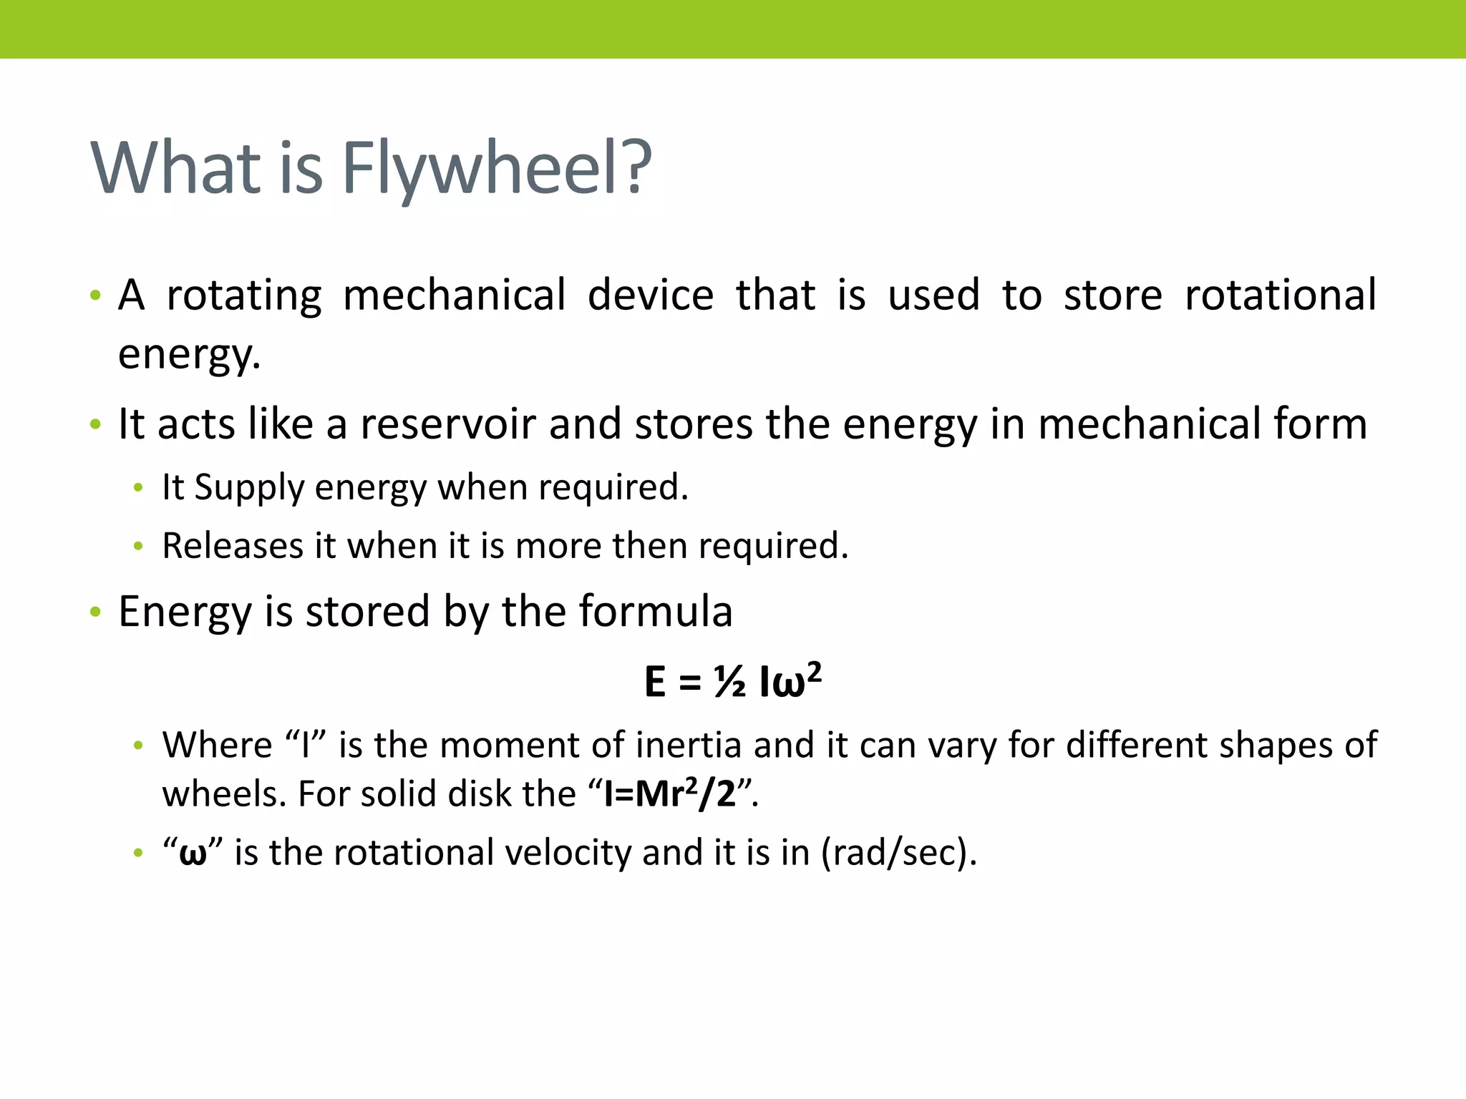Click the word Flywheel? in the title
tap(497, 169)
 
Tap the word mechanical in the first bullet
tap(455, 295)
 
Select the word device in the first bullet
tap(651, 295)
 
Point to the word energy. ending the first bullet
tap(189, 354)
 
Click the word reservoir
tap(448, 424)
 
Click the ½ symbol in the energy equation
tap(729, 682)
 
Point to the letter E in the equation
tap(655, 682)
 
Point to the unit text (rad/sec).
tap(898, 853)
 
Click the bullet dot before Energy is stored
tap(96, 612)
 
